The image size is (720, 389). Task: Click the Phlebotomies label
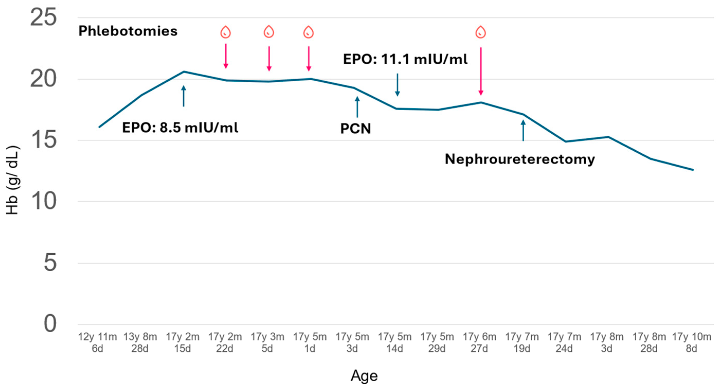(128, 31)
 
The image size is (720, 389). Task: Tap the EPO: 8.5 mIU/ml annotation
(180, 128)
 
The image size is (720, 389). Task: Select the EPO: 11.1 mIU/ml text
(405, 59)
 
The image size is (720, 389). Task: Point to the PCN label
(355, 129)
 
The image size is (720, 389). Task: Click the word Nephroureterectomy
(520, 159)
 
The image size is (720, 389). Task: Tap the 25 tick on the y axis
(43, 17)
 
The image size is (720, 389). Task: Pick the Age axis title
(364, 376)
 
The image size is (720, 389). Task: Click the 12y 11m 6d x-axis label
(97, 343)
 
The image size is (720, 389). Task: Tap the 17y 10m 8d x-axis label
(691, 343)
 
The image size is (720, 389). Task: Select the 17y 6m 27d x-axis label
(479, 343)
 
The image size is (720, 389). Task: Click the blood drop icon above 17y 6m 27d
(480, 32)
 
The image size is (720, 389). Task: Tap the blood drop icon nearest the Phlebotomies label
(225, 32)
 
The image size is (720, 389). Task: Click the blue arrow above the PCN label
(357, 107)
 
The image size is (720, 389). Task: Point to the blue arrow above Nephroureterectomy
(523, 131)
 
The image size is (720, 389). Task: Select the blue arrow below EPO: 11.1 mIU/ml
(397, 84)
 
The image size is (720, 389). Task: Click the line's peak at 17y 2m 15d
(184, 72)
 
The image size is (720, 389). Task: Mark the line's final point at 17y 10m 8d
(693, 170)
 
